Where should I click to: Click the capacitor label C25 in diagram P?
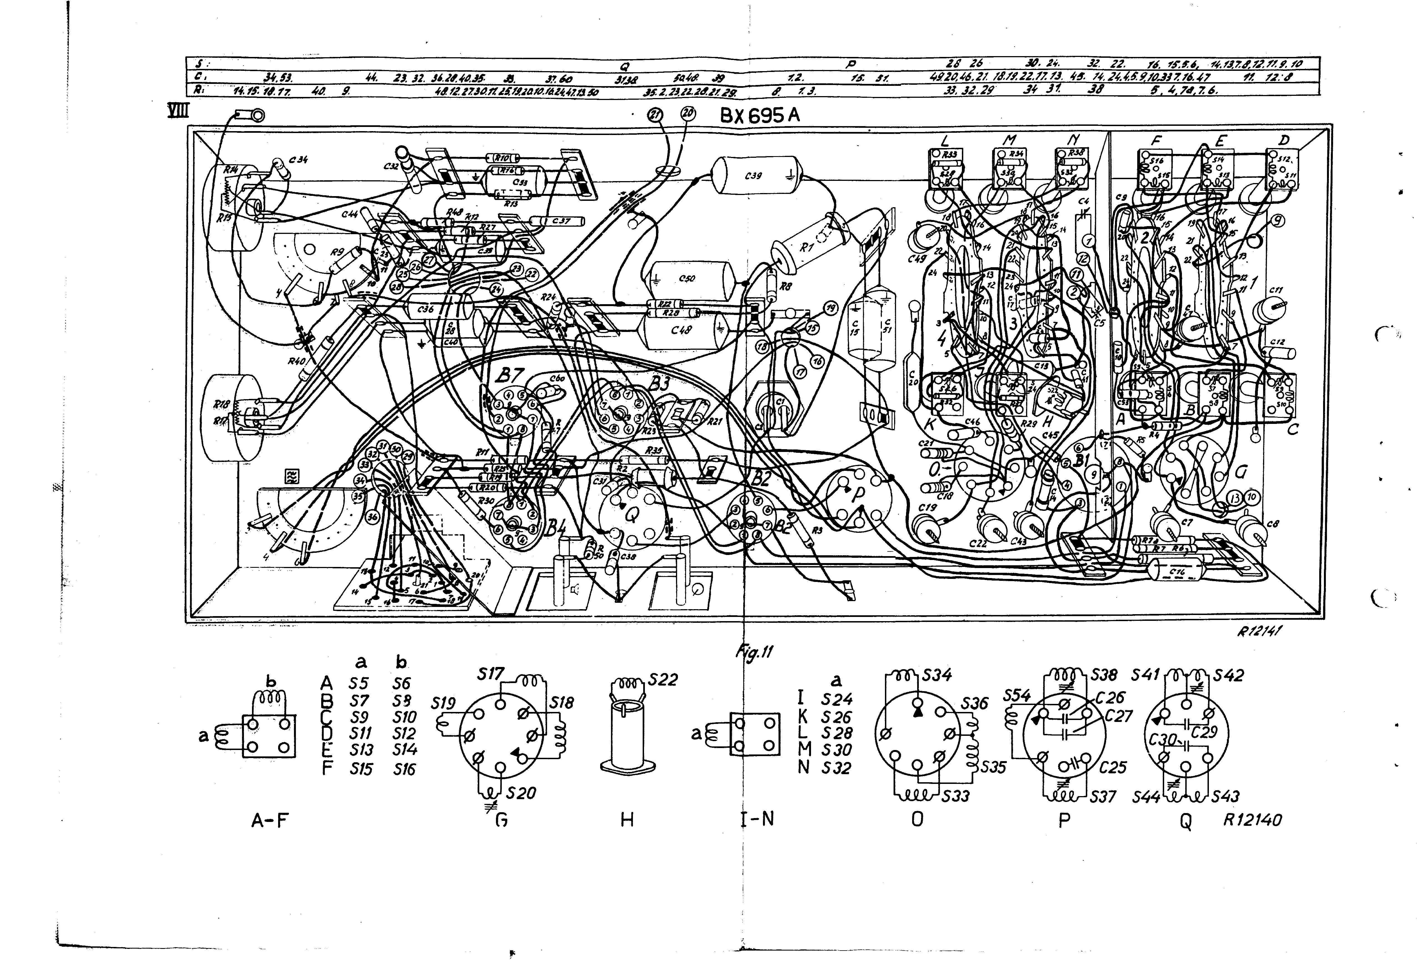tap(1112, 767)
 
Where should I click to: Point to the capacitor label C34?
tap(298, 160)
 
